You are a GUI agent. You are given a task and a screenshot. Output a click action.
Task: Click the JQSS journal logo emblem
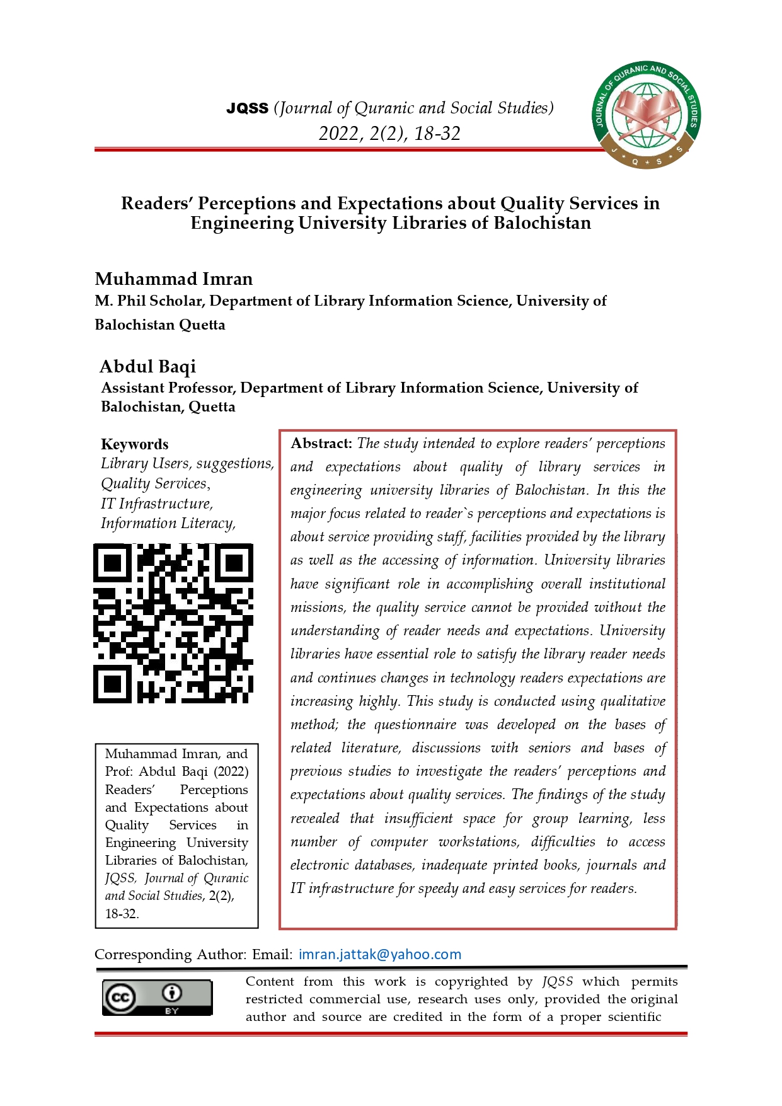(x=646, y=115)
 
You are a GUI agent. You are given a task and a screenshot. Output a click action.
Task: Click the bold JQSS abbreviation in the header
(x=247, y=108)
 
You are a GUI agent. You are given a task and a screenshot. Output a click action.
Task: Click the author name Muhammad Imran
(x=173, y=279)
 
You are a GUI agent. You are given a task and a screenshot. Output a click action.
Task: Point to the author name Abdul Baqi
(x=148, y=366)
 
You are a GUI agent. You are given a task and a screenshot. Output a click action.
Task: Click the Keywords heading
(x=134, y=444)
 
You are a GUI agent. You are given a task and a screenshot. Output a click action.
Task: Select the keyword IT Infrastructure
(x=156, y=504)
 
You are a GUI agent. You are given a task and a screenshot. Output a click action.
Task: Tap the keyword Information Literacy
(x=167, y=523)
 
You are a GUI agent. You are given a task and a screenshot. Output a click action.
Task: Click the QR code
(x=173, y=623)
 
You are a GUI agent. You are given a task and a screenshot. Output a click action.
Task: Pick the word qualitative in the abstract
(x=633, y=701)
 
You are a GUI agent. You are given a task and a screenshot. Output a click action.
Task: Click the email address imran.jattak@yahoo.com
(x=380, y=954)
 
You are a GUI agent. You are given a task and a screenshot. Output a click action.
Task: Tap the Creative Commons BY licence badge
(x=157, y=997)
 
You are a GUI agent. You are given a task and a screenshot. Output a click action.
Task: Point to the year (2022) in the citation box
(x=231, y=771)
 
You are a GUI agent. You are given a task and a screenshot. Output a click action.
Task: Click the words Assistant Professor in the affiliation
(x=168, y=388)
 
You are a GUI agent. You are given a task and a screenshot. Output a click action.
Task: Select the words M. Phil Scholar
(x=149, y=301)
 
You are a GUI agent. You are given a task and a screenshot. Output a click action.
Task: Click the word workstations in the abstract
(x=479, y=842)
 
